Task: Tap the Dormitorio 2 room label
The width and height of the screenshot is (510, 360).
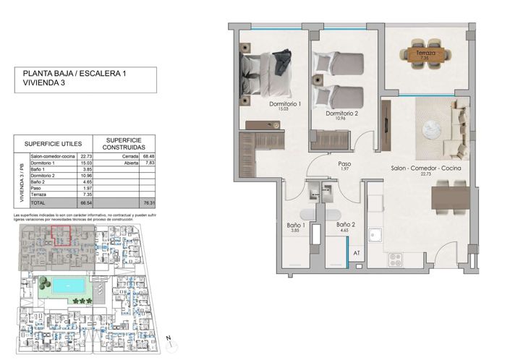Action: coord(341,113)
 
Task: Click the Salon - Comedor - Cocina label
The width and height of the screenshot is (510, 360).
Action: coord(426,168)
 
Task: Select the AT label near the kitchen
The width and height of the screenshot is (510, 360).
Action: coord(356,252)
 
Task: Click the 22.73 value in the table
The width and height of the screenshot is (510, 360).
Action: coord(85,156)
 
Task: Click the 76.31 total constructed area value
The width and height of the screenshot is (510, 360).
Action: coord(150,205)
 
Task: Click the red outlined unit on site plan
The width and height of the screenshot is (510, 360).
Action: coord(61,236)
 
